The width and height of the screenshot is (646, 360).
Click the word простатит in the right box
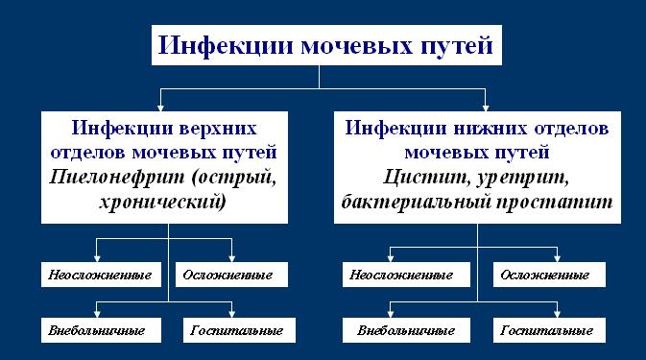coord(563,203)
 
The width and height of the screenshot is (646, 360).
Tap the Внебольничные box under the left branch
coord(96,331)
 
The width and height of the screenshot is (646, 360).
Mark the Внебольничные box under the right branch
coord(404,331)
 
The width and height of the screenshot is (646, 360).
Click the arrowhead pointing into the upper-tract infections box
coord(160,106)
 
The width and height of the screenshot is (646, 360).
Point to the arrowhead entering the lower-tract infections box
coord(487,106)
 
